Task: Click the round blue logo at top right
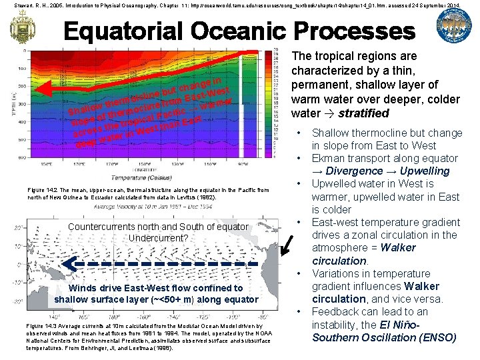[453, 27]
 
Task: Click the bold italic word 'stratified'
[363, 113]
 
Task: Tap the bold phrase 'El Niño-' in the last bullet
[398, 325]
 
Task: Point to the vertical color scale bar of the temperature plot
[281, 107]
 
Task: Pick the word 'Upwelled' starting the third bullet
[337, 184]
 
